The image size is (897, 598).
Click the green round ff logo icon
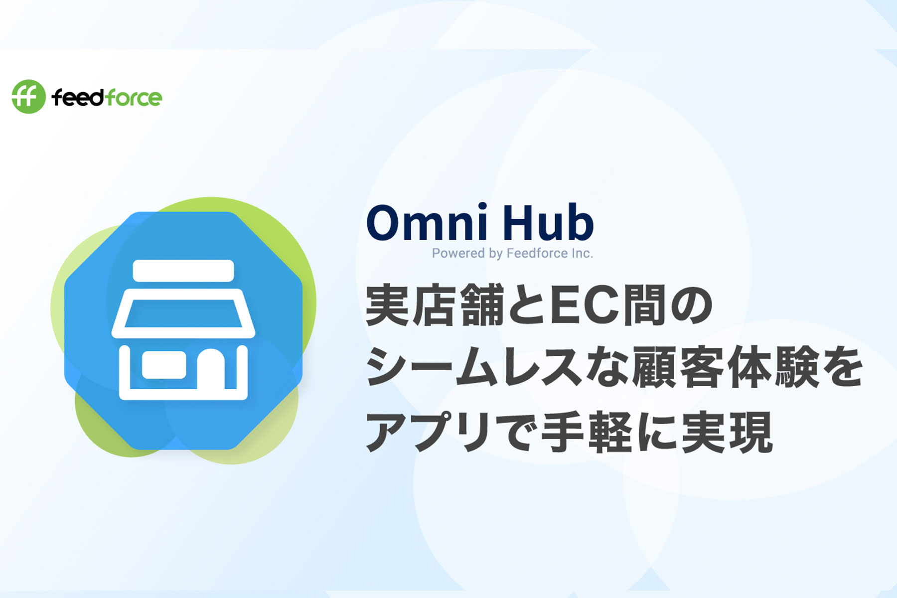coord(28,97)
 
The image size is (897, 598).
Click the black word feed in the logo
coord(77,97)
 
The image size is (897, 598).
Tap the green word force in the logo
coord(133,97)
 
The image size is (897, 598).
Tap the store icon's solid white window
coord(164,365)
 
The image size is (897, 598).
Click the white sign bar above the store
coord(183,271)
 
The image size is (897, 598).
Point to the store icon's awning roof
coord(183,313)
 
